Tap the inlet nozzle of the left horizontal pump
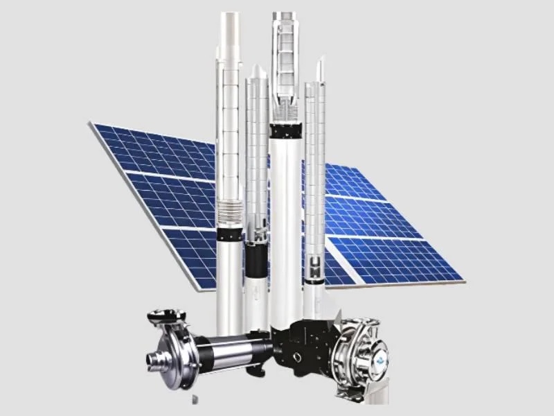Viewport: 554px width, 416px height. pos(153,360)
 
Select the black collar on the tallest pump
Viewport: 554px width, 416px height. pos(285,130)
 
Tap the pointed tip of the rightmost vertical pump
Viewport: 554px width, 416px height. pos(319,65)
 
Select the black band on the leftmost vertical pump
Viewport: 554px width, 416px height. pos(229,234)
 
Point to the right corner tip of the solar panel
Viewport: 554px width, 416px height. pos(462,281)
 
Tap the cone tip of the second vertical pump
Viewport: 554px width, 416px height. pos(256,70)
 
